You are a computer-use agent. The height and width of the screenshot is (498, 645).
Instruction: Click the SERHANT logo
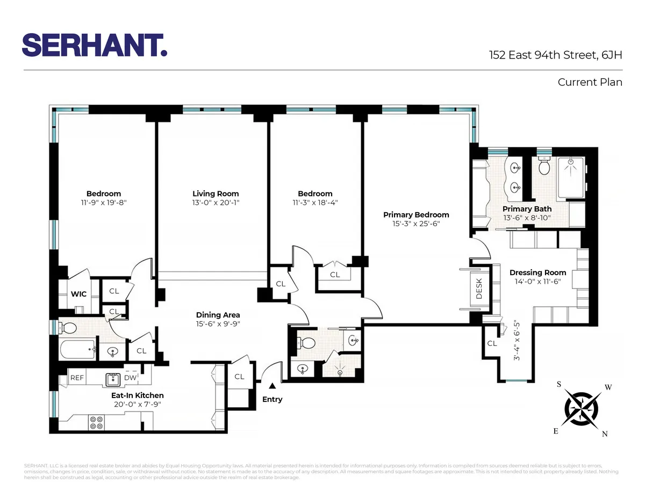click(95, 45)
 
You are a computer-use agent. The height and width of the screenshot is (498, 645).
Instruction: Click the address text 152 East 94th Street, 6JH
click(555, 55)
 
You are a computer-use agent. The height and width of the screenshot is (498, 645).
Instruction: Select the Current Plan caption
click(590, 82)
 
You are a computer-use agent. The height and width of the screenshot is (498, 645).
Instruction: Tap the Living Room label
click(216, 193)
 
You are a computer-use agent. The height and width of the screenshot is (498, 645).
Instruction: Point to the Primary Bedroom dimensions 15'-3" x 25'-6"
click(416, 224)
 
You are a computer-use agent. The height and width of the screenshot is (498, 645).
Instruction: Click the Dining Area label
click(218, 315)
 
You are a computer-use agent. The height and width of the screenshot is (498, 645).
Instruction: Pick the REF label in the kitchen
click(77, 378)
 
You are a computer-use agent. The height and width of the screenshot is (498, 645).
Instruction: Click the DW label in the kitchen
click(130, 378)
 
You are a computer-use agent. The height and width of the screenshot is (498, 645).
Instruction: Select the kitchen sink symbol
click(113, 379)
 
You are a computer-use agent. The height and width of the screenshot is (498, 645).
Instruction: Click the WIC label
click(79, 294)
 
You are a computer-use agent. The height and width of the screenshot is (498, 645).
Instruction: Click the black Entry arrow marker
click(272, 385)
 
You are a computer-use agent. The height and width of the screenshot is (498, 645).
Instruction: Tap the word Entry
click(272, 399)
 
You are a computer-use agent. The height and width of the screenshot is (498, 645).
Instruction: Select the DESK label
click(479, 288)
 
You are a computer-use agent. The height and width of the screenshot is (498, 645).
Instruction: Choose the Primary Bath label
click(527, 208)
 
